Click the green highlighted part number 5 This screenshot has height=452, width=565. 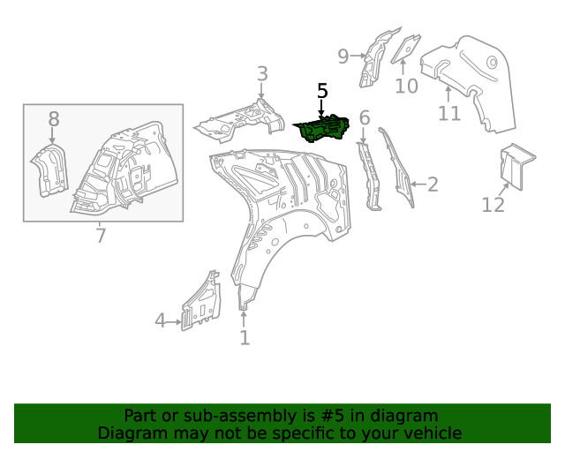tap(321, 129)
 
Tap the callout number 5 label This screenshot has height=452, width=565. tap(322, 91)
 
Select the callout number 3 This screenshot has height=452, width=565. tap(262, 73)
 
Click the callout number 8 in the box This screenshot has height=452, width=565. tap(54, 119)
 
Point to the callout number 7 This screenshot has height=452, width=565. tap(101, 236)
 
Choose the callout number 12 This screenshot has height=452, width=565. tap(493, 205)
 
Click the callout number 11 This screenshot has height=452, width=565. tap(449, 114)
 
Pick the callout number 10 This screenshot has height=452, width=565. tap(406, 87)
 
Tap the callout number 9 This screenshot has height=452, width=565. tap(343, 56)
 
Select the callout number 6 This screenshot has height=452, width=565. tap(365, 118)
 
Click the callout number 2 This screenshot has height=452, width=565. tap(433, 185)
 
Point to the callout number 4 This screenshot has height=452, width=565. tap(160, 320)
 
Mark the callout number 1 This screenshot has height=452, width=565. tap(245, 338)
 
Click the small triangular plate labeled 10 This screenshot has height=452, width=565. tap(406, 49)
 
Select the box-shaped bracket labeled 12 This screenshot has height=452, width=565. tap(516, 166)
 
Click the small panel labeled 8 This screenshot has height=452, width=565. tap(49, 170)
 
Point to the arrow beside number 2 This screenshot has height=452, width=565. tap(418, 185)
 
